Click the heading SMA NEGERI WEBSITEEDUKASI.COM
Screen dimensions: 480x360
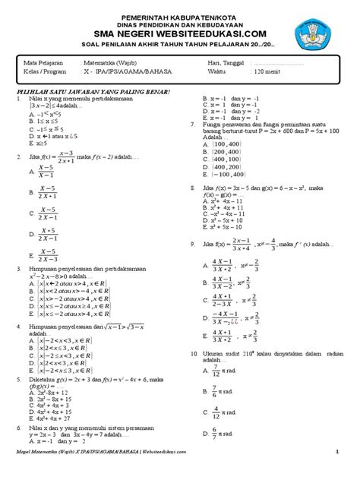[x=180, y=33]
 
